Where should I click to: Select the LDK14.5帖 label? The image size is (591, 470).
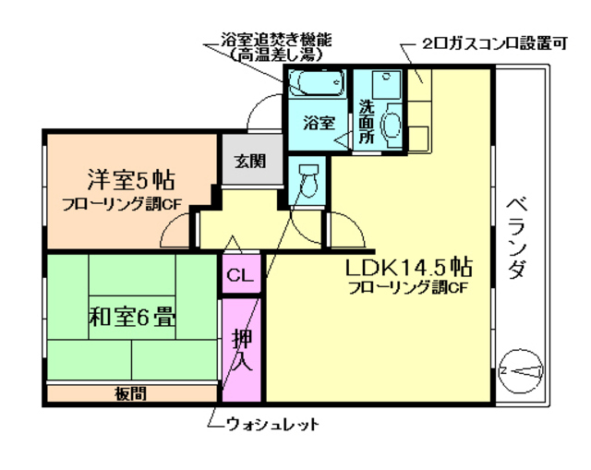[408, 267]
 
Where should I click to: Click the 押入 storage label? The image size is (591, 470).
[241, 348]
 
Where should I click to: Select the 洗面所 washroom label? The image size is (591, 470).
[366, 120]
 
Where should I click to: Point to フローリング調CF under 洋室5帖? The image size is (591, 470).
[121, 203]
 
